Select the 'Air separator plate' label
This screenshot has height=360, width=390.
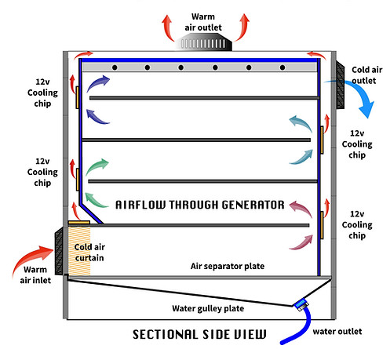(228, 266)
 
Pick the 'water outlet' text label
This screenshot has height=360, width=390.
(337, 332)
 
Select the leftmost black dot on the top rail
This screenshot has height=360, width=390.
(115, 68)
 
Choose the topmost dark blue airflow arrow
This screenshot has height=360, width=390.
(100, 84)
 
